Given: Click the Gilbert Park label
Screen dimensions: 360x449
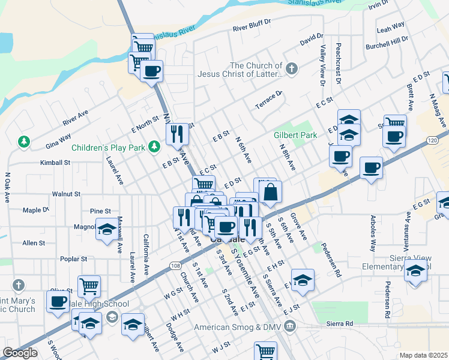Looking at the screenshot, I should [295, 135].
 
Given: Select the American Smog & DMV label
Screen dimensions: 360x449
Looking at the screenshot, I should [237, 327].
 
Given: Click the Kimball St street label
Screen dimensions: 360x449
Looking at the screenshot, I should [55, 163].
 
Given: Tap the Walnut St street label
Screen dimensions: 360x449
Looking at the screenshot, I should [66, 194].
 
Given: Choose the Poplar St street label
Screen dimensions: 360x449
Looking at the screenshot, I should [74, 259].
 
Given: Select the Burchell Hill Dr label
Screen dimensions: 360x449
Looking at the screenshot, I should [387, 41].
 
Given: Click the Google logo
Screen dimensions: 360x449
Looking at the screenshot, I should [20, 353].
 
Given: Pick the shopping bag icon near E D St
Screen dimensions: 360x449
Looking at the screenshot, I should [270, 192].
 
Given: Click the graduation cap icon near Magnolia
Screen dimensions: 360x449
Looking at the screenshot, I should [107, 229].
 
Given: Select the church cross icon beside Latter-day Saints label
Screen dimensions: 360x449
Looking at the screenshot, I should [292, 68].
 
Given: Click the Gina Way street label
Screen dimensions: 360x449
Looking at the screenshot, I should [58, 145].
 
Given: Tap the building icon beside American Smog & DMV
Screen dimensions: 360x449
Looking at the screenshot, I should [291, 327].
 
